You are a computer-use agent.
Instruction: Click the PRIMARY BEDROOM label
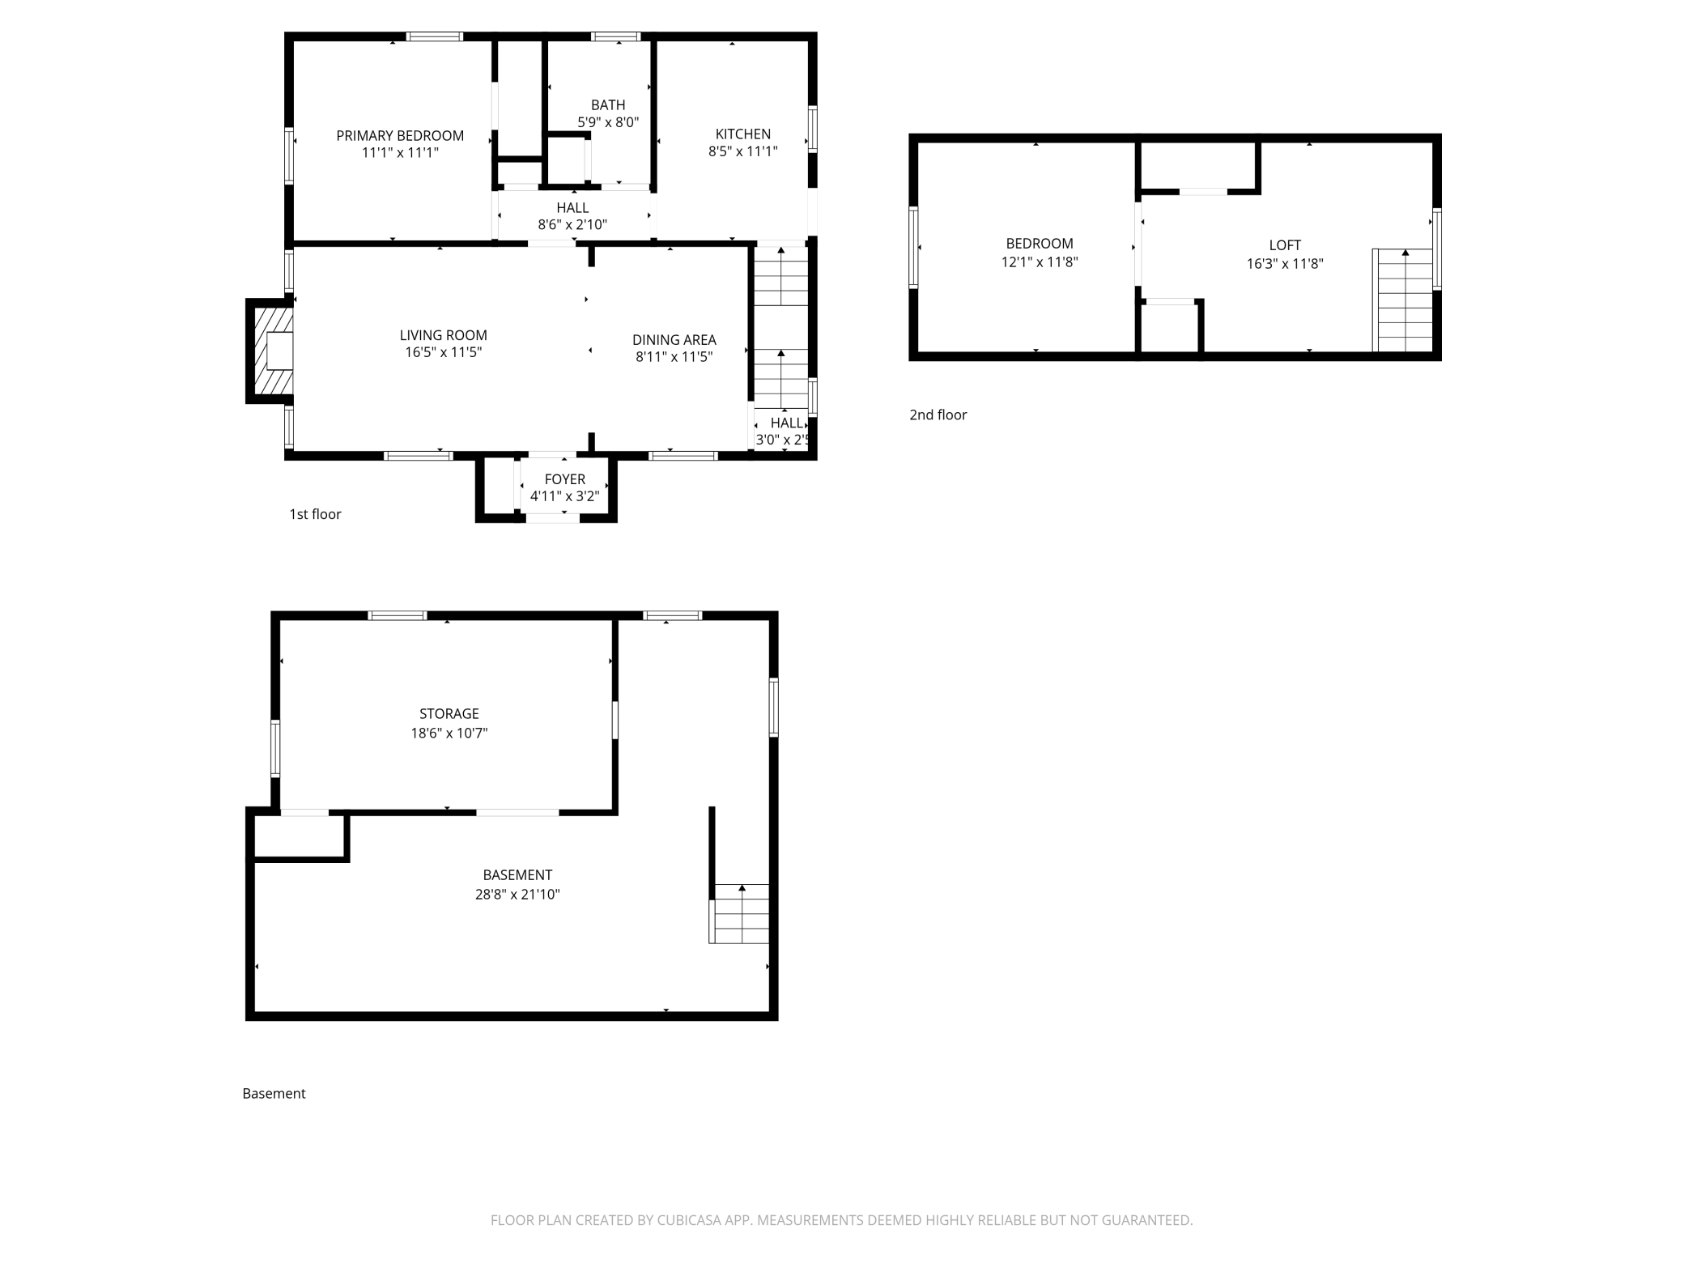pyautogui.click(x=400, y=135)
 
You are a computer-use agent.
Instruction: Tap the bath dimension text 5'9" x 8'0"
pyautogui.click(x=607, y=122)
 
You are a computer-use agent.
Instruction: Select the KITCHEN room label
pyautogui.click(x=742, y=134)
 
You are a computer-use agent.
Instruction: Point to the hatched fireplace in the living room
pyautogui.click(x=270, y=351)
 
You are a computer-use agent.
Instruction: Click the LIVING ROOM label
pyautogui.click(x=443, y=334)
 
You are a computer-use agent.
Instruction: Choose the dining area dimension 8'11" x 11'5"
pyautogui.click(x=674, y=356)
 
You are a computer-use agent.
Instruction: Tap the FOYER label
pyautogui.click(x=564, y=478)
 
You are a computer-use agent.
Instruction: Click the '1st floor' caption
pyautogui.click(x=315, y=514)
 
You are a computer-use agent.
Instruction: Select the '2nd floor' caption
pyautogui.click(x=938, y=415)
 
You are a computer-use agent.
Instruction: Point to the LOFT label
pyautogui.click(x=1284, y=245)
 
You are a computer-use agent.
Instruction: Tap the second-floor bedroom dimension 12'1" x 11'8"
pyautogui.click(x=1039, y=262)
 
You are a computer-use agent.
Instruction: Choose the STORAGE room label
pyautogui.click(x=449, y=713)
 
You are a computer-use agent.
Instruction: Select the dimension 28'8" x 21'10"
pyautogui.click(x=517, y=894)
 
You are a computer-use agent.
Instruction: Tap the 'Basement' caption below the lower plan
pyautogui.click(x=274, y=1093)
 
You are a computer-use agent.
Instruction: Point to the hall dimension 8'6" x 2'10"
pyautogui.click(x=572, y=224)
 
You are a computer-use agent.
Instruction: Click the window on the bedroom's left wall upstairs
pyautogui.click(x=913, y=247)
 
